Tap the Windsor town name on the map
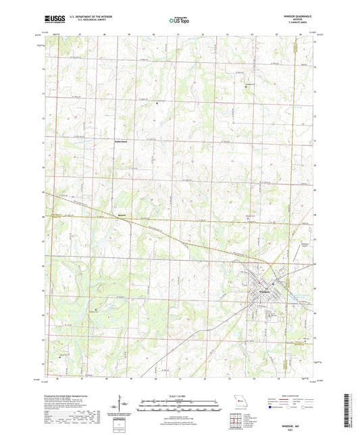(265, 291)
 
